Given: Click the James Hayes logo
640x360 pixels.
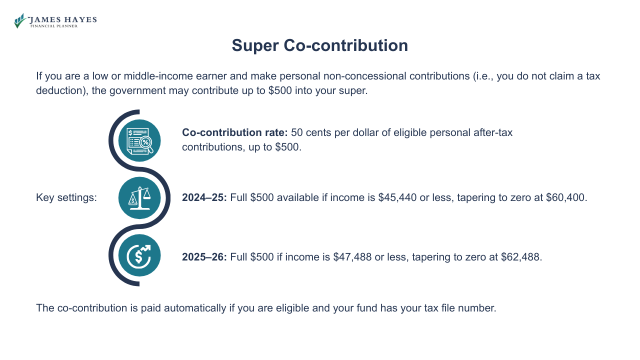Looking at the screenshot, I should [55, 21].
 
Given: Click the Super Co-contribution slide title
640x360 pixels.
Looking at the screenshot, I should [320, 45].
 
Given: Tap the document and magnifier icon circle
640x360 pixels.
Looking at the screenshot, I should [139, 140].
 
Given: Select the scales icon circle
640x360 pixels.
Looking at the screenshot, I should [139, 198].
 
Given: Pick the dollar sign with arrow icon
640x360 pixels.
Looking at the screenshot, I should [139, 255].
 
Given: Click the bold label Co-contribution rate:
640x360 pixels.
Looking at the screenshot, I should [234, 133].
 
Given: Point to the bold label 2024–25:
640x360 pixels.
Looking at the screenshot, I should [204, 197].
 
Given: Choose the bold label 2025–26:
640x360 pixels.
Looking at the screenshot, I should [204, 257].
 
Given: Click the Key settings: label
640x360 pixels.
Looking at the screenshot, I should [66, 197].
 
